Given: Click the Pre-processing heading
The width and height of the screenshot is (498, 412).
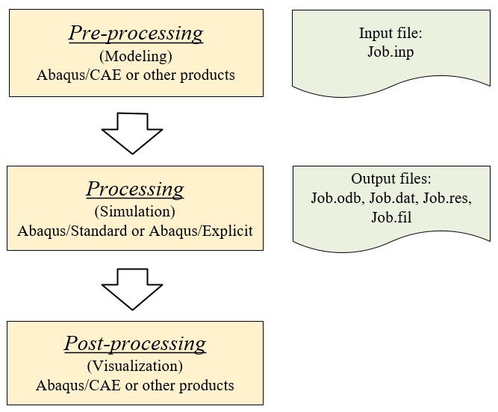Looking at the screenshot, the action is click(x=136, y=33).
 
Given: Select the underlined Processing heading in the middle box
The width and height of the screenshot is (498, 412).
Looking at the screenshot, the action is click(x=135, y=189).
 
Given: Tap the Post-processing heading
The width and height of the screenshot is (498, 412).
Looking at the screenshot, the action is click(x=135, y=344).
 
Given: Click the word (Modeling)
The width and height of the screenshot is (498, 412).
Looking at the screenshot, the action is click(x=136, y=56).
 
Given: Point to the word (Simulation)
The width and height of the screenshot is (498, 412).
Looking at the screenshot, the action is click(x=135, y=211).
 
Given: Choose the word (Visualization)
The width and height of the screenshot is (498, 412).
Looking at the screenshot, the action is click(x=135, y=366).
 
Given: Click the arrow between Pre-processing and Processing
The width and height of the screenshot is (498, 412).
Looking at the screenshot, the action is click(x=132, y=134).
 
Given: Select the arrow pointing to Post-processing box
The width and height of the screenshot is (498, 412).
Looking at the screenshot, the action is click(x=132, y=289).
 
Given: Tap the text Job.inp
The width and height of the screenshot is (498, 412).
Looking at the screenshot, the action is click(x=390, y=51).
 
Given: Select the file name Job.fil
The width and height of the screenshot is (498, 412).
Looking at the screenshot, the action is click(x=391, y=217).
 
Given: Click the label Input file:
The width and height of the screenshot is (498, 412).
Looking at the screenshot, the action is click(x=390, y=33).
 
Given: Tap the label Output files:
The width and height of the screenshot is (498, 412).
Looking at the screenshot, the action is click(x=391, y=178).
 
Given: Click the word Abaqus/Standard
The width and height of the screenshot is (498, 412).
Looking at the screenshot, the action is click(x=72, y=231).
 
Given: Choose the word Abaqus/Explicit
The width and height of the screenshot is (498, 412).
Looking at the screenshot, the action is click(x=201, y=231).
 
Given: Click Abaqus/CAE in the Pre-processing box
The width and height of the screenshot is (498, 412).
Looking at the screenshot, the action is click(x=79, y=75).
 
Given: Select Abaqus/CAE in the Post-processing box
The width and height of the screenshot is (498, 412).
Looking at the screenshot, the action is click(x=78, y=385).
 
